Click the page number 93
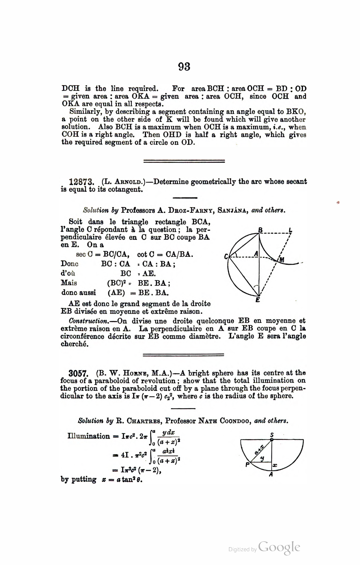(x=184, y=67)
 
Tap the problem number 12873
(x=82, y=182)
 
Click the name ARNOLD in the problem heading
(x=128, y=182)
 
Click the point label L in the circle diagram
(x=291, y=230)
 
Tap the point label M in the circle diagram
(x=282, y=259)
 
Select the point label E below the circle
(x=258, y=300)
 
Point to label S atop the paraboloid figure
(x=272, y=434)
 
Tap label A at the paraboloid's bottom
(x=271, y=474)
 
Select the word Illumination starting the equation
(x=89, y=436)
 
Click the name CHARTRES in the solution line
(x=143, y=421)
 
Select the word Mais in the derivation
(x=69, y=283)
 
